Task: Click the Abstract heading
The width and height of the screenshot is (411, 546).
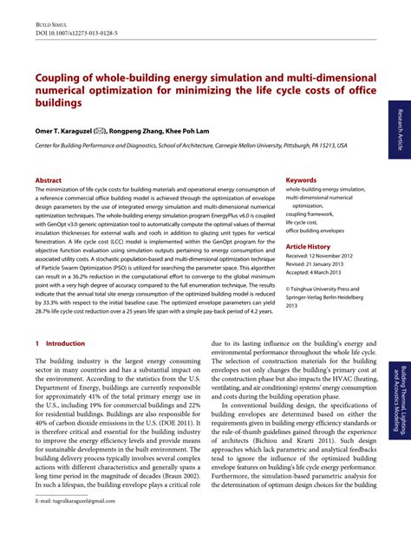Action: point(49,180)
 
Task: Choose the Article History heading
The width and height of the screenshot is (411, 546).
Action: point(314,246)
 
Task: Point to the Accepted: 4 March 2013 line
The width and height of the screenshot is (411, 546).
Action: point(317,273)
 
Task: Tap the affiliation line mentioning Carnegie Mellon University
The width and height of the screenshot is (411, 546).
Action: point(191,146)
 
